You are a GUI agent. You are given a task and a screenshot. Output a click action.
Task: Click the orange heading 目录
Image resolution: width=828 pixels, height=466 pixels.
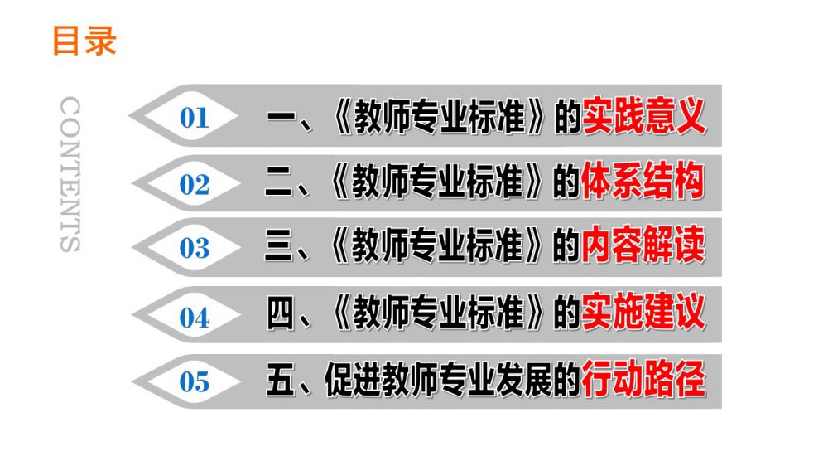[84, 41]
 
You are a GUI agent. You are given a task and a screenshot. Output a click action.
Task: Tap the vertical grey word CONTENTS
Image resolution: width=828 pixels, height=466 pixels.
[70, 174]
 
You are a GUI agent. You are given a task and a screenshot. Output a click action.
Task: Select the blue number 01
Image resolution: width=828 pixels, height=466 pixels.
[195, 118]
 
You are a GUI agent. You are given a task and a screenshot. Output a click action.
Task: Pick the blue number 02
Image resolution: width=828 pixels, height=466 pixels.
[195, 185]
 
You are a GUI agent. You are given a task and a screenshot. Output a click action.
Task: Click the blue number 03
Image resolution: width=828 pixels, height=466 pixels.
[195, 248]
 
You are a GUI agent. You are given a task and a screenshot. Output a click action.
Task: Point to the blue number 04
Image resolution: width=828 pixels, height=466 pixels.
[195, 318]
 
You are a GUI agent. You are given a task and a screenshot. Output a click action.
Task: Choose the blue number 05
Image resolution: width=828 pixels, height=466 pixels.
[195, 382]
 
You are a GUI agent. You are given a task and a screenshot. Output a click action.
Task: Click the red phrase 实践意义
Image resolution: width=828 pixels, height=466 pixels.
[644, 115]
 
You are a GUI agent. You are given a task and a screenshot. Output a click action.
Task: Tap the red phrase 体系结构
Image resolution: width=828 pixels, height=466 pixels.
[643, 181]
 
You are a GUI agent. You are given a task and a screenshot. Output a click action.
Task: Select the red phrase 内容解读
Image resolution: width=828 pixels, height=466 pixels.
[643, 245]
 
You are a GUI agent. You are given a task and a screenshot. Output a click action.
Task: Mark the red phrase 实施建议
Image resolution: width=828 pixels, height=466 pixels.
[643, 312]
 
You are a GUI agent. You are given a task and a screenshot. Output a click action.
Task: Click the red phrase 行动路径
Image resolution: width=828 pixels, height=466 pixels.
[643, 378]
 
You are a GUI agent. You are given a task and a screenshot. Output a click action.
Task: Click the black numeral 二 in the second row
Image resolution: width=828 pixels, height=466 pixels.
[278, 182]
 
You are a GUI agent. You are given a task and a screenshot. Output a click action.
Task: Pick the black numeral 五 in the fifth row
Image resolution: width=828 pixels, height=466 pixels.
[280, 379]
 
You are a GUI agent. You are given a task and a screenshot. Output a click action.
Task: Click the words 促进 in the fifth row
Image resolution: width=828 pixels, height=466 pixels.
[352, 379]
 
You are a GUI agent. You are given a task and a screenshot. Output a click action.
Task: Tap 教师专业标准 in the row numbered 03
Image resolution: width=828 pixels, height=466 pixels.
[437, 245]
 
